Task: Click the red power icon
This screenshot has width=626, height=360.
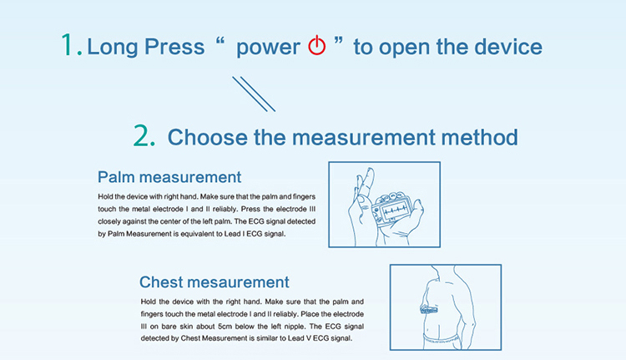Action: pyautogui.click(x=316, y=45)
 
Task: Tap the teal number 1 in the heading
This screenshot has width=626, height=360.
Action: pyautogui.click(x=68, y=44)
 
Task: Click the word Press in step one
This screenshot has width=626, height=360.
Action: pyautogui.click(x=174, y=47)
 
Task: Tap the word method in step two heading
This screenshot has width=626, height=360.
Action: pyautogui.click(x=479, y=137)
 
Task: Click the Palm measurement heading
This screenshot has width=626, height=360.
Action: pyautogui.click(x=169, y=177)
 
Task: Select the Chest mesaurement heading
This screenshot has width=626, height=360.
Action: pyautogui.click(x=214, y=282)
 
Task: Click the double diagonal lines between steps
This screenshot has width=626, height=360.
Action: pyautogui.click(x=254, y=94)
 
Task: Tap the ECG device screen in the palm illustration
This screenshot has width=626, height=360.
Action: pyautogui.click(x=395, y=210)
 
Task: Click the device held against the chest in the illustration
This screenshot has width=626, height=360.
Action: pyautogui.click(x=429, y=309)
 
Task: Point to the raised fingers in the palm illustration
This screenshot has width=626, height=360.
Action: pyautogui.click(x=366, y=184)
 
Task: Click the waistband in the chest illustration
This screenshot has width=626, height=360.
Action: pyautogui.click(x=442, y=340)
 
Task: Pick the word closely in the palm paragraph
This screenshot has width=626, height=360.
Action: pyautogui.click(x=109, y=221)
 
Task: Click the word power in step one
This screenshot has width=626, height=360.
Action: pyautogui.click(x=268, y=48)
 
